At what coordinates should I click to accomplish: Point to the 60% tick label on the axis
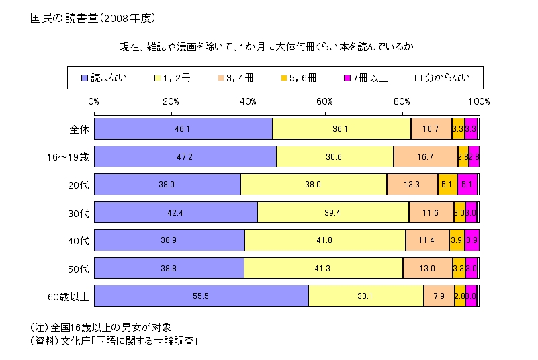coord(325,101)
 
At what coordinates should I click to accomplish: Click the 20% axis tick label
coord(171,101)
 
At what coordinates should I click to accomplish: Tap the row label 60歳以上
coord(66,296)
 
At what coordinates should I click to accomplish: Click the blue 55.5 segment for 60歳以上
coord(201,296)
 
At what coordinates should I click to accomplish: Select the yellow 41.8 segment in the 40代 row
coord(325,240)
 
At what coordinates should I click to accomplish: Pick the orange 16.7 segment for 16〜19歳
coord(426,156)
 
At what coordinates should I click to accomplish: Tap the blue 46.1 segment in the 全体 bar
coord(183,128)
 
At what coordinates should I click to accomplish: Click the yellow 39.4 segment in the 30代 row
coord(333,212)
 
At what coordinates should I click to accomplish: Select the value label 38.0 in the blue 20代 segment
coord(167,184)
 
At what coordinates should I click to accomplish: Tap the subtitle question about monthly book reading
coord(272,46)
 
